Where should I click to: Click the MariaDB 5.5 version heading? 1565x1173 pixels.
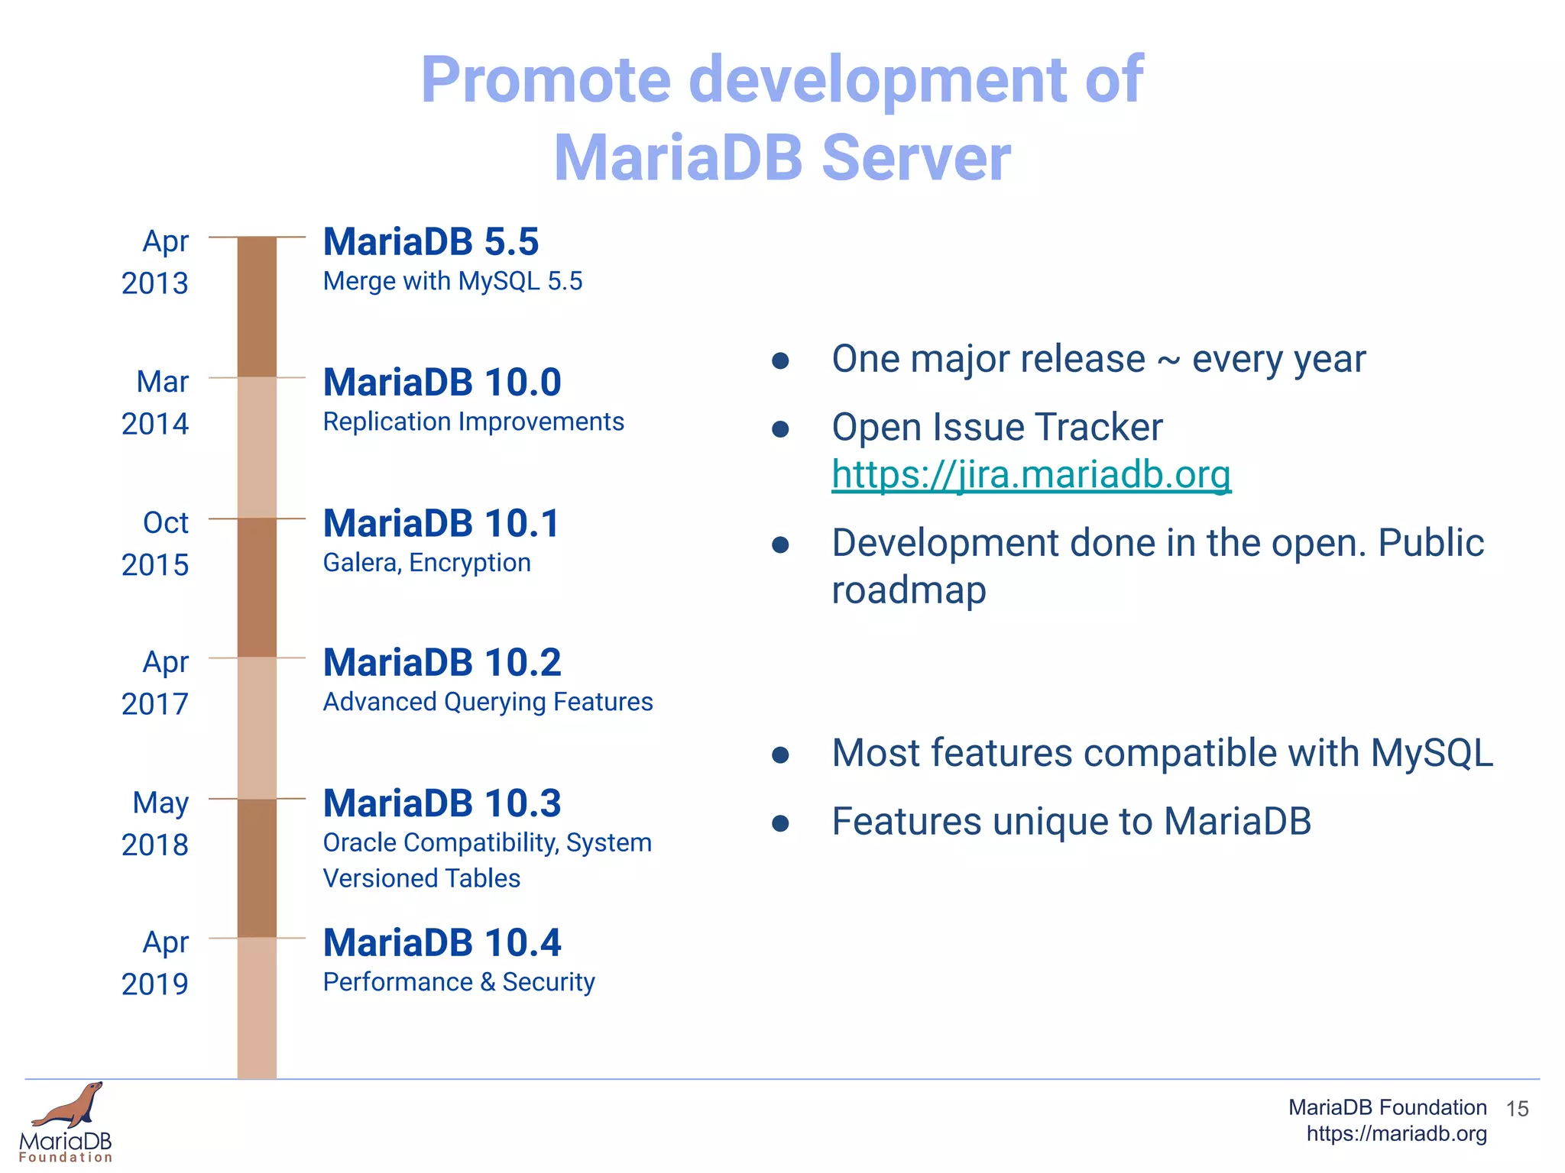point(431,242)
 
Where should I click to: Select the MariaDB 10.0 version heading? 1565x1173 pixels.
point(442,383)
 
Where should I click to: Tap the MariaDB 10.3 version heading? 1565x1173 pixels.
point(442,803)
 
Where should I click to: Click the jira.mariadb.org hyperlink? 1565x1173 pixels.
point(1031,474)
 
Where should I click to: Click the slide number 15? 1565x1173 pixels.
point(1517,1109)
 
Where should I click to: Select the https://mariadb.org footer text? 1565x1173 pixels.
point(1396,1133)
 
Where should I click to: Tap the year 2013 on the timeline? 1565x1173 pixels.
point(154,283)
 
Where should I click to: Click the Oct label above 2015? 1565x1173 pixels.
point(165,523)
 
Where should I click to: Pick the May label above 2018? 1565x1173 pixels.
point(160,803)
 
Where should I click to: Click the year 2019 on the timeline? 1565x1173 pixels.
point(154,984)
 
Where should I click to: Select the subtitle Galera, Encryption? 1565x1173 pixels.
point(426,563)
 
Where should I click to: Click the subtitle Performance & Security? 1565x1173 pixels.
point(458,982)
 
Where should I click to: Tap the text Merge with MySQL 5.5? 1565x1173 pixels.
point(452,281)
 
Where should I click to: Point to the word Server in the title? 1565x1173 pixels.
point(915,158)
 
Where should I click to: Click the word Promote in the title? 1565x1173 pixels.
point(546,80)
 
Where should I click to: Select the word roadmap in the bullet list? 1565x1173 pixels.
point(909,590)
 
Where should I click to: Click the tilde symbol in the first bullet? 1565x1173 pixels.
point(1168,360)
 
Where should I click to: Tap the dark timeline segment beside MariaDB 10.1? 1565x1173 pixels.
point(257,587)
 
